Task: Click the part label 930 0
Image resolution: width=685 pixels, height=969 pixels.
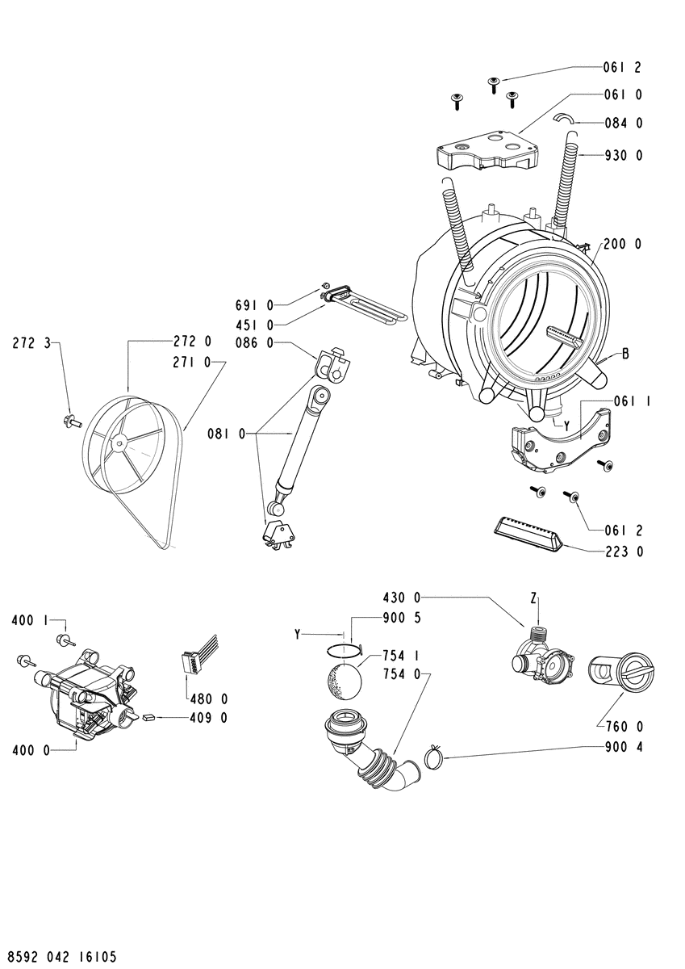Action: [623, 155]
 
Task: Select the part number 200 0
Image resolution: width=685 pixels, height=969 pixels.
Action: [623, 244]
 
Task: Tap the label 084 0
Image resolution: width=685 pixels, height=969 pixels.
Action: [623, 123]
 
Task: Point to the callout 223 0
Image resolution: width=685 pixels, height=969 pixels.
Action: [623, 551]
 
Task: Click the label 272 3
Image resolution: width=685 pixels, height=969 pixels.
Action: [31, 343]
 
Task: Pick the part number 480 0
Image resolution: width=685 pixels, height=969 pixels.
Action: [208, 698]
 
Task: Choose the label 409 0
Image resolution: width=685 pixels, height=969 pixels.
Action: [208, 718]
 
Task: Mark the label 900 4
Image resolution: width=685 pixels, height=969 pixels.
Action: [623, 746]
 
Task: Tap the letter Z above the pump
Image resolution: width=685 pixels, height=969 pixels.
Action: [533, 598]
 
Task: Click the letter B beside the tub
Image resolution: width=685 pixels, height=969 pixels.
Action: [625, 354]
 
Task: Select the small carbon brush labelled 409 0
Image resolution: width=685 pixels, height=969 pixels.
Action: [148, 717]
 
